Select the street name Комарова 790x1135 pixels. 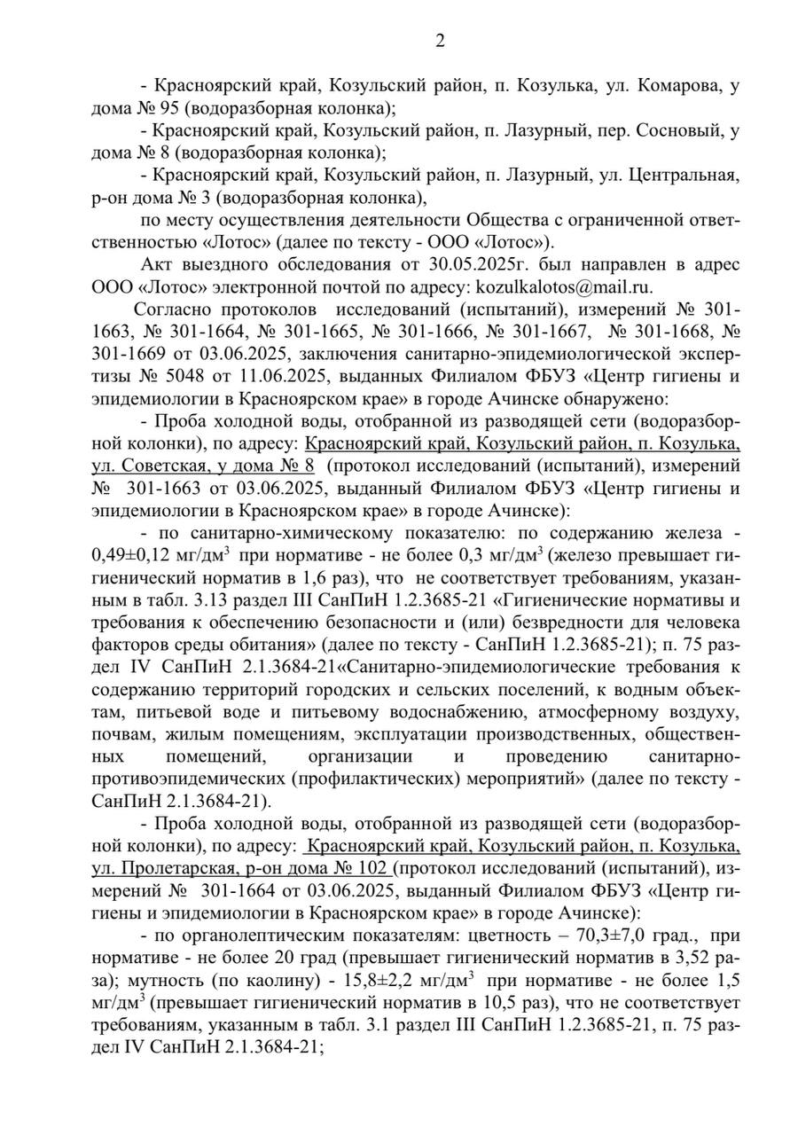(x=661, y=86)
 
